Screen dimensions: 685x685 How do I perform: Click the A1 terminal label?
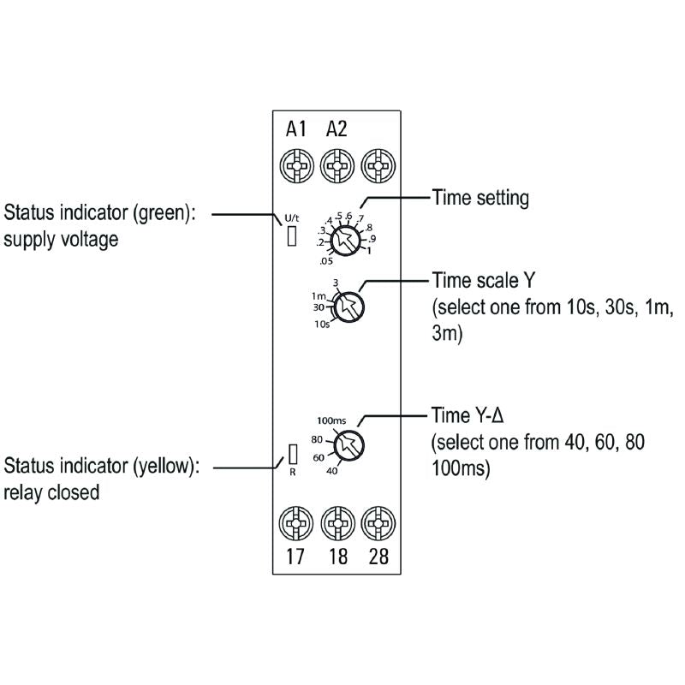pos(296,129)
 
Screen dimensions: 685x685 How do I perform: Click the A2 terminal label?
pos(337,129)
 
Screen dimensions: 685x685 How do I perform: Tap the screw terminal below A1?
pos(296,166)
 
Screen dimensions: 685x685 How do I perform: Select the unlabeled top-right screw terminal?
pos(378,166)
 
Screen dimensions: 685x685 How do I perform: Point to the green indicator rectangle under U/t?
pos(292,235)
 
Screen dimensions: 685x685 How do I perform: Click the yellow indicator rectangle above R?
pos(293,455)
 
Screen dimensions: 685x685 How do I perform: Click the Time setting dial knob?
pos(346,241)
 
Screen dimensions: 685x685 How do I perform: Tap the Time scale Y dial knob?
pos(348,307)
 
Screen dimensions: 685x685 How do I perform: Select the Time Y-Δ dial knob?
pos(348,445)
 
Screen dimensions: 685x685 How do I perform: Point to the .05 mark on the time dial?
pos(326,261)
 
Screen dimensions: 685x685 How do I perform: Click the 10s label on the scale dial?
pos(322,325)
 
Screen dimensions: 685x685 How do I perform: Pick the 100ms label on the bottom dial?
pos(331,420)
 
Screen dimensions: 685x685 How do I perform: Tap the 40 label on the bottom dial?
pos(332,471)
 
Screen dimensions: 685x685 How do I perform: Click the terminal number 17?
pos(295,557)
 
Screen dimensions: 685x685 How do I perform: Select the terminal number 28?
pos(378,557)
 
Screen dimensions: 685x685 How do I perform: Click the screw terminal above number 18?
pos(337,523)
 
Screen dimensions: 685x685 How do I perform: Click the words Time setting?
pos(480,199)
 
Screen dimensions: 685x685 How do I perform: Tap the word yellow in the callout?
pos(164,466)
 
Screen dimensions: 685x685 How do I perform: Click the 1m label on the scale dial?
pos(319,296)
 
